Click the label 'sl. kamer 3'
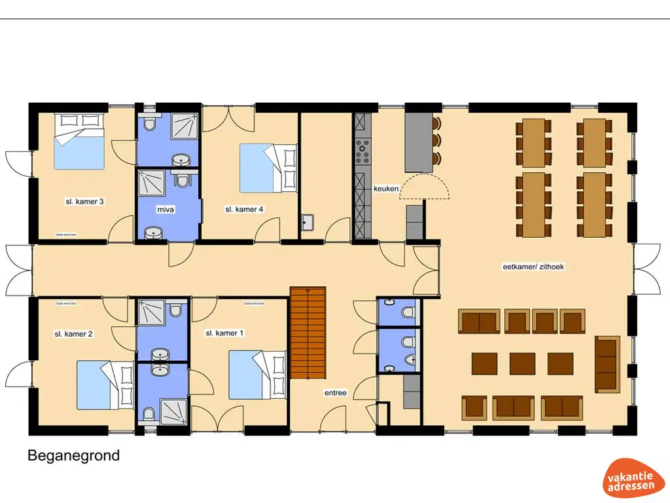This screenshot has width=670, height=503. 84,202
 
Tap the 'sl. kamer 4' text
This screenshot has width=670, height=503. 244,210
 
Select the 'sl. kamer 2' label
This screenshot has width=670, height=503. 73,334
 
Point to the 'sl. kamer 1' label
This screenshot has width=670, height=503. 224,333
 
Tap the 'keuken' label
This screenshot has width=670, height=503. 386,189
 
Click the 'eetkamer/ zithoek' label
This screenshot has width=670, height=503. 533,267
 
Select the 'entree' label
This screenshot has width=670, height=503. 335,393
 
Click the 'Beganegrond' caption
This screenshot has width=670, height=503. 73,455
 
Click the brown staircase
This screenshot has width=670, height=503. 308,332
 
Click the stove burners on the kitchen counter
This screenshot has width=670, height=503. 362,154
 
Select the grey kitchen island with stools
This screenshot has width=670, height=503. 419,141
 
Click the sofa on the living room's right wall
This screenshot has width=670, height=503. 607,363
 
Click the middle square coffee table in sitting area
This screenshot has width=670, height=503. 522,363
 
